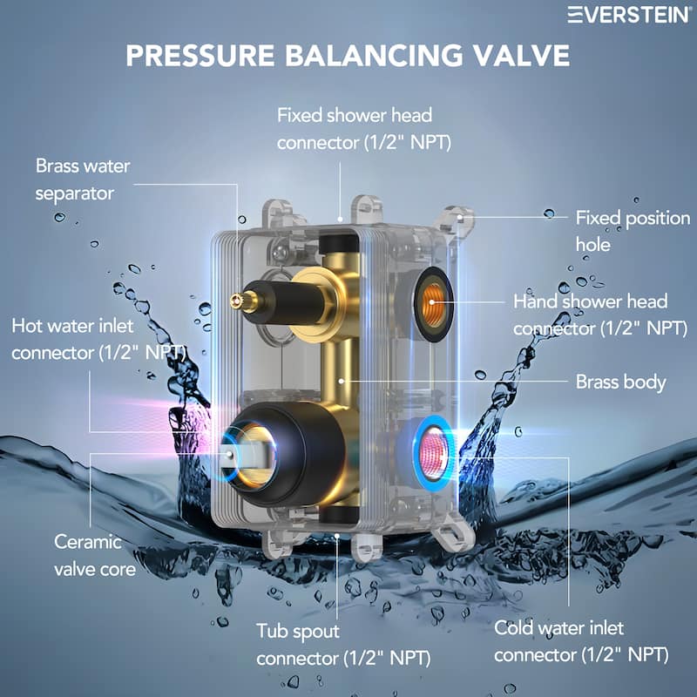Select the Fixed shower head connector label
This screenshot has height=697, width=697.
[354, 127]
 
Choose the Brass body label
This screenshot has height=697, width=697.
[620, 382]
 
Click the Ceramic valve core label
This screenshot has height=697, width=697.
[95, 554]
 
